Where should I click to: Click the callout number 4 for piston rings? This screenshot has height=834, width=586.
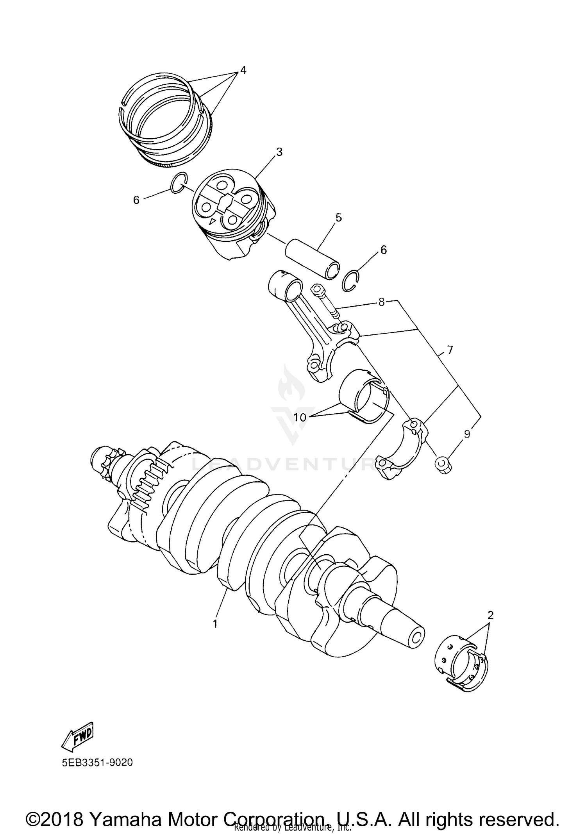coord(243,70)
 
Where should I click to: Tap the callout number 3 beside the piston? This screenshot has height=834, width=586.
coord(279,152)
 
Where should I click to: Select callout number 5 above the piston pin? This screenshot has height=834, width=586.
coord(338,218)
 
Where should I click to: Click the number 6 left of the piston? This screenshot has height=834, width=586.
coord(136,200)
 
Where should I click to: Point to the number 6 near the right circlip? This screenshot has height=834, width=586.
coord(383,250)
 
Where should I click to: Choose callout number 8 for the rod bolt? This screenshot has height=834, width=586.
coord(381,302)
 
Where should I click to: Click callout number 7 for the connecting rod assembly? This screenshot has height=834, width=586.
coord(450,350)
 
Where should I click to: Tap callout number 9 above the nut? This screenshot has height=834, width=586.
coord(467,434)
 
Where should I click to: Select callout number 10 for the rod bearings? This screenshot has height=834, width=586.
coord(300,417)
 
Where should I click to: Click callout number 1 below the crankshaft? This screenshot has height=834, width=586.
coord(214,624)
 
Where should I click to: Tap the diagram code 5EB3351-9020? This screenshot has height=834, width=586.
coord(97,763)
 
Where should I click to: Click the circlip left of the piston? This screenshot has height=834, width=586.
coord(179,182)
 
